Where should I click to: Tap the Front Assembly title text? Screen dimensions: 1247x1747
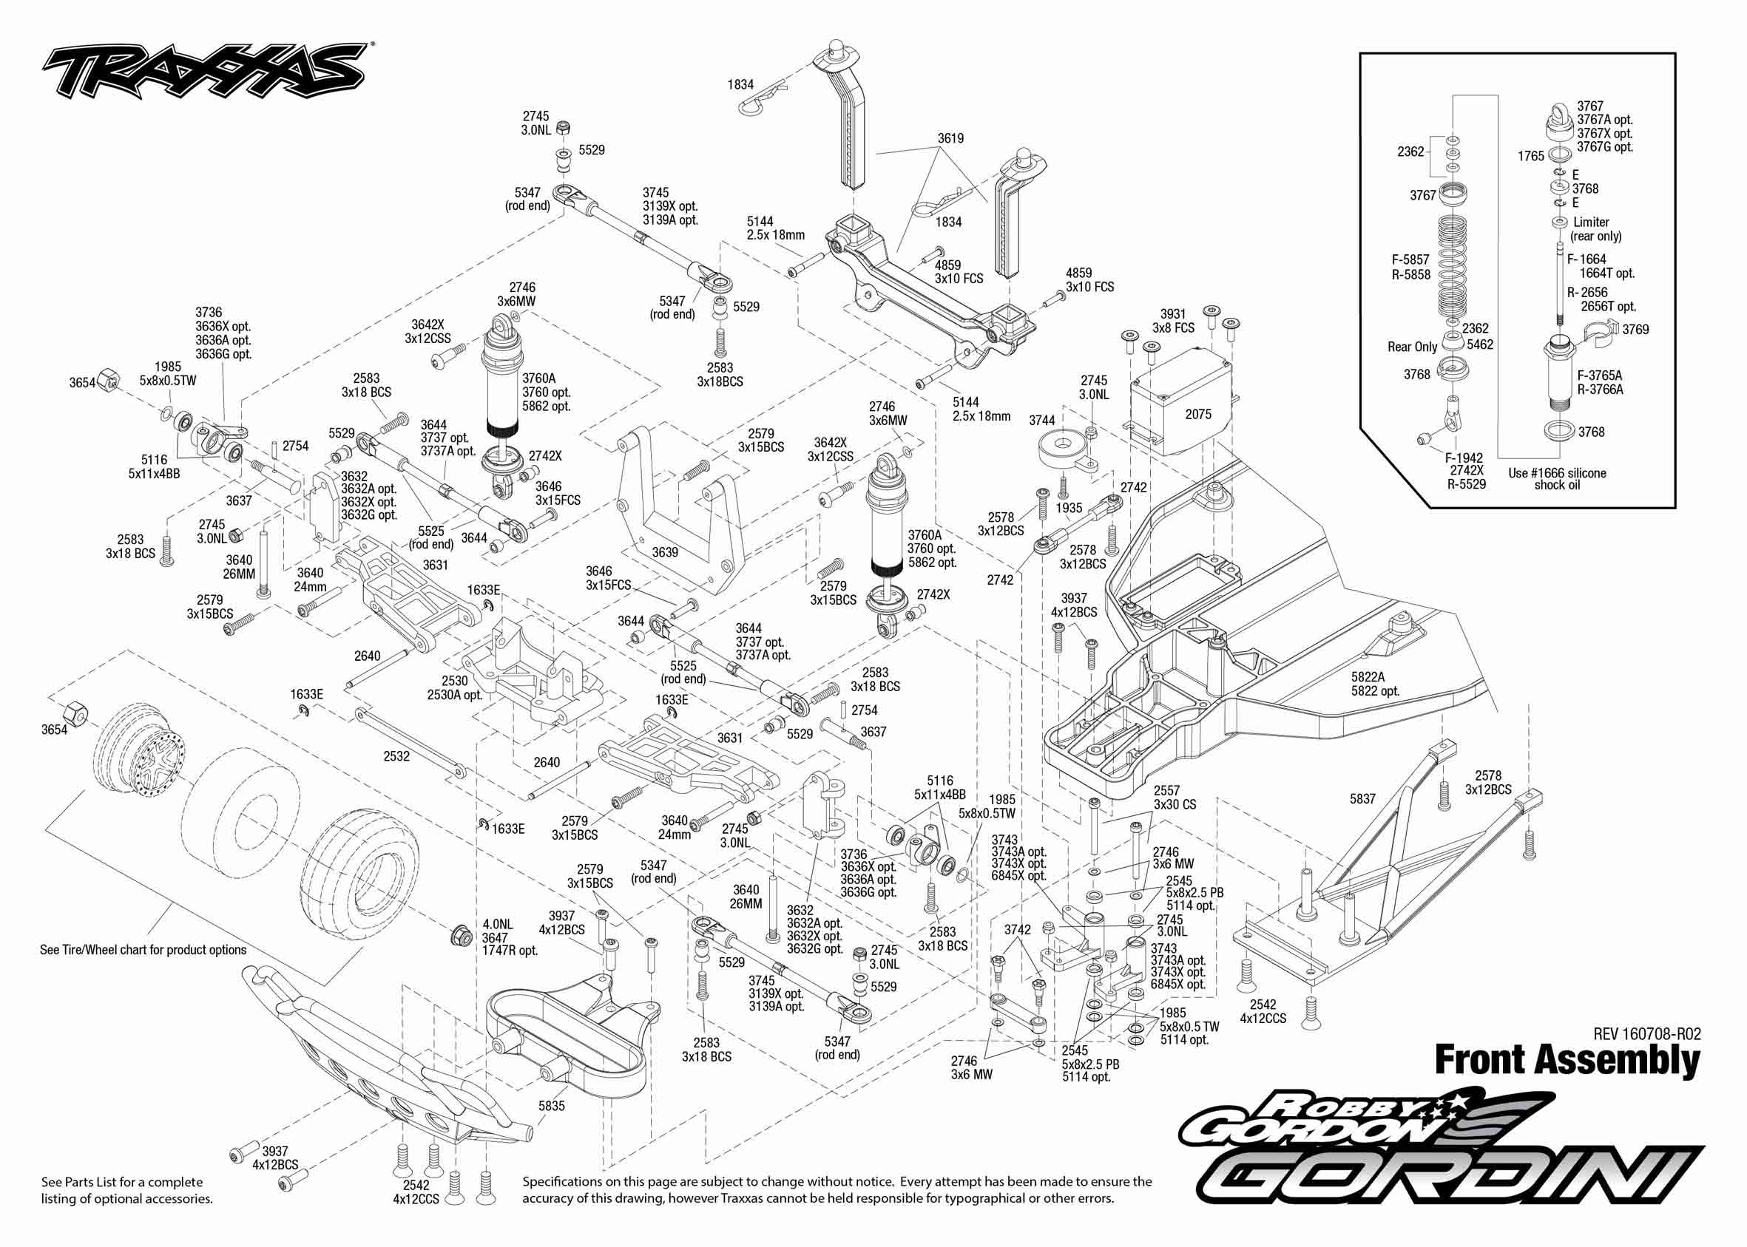click(1567, 1061)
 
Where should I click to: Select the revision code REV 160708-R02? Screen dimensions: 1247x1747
click(1646, 1033)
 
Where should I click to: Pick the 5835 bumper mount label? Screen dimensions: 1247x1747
click(551, 1106)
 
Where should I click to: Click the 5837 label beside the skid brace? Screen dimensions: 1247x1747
click(1362, 798)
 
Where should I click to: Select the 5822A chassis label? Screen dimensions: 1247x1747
click(1368, 676)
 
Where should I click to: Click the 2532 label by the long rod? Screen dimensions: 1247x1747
click(396, 756)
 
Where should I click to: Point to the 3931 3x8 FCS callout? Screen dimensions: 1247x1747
click(1173, 321)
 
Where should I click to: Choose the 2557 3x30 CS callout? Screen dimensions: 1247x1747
click(1175, 797)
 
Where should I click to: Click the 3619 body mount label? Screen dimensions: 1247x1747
click(950, 138)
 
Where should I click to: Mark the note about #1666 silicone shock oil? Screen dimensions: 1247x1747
click(1556, 478)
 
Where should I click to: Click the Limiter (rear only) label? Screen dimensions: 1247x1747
click(1595, 229)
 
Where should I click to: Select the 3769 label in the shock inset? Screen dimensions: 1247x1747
click(1635, 330)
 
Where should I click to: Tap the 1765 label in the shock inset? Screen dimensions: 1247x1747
click(1530, 156)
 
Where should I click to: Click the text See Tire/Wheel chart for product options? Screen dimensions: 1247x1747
click(143, 950)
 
